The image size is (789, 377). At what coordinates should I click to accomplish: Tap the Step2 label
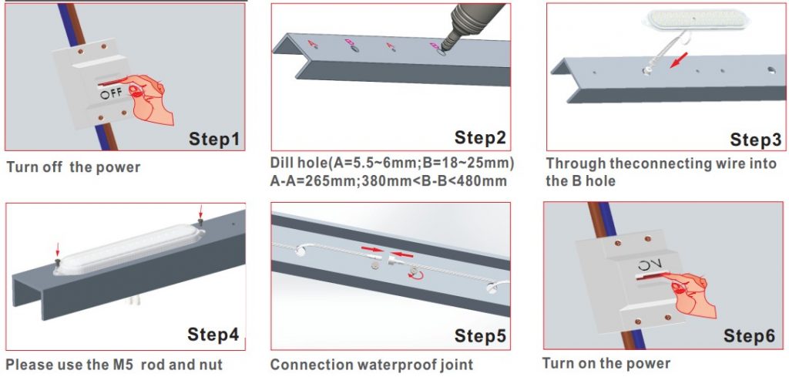click(480, 138)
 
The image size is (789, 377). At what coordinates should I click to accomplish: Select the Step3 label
click(755, 140)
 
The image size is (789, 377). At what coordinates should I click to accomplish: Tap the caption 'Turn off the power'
click(73, 167)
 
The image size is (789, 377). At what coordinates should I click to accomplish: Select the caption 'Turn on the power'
click(606, 363)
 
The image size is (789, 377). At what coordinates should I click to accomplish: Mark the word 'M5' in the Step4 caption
click(118, 365)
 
